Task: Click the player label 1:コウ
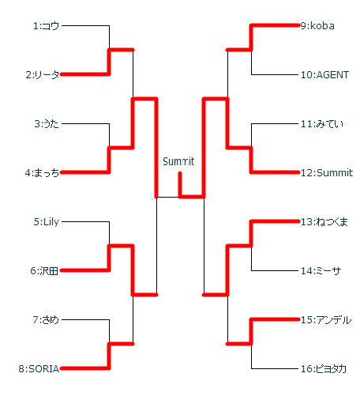pyautogui.click(x=46, y=26)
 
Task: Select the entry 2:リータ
pyautogui.click(x=43, y=75)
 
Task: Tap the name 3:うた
pyautogui.click(x=47, y=124)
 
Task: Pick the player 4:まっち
pyautogui.click(x=42, y=173)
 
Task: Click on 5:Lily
pyautogui.click(x=47, y=222)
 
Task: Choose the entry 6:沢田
pyautogui.click(x=44, y=271)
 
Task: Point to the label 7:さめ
pyautogui.click(x=46, y=320)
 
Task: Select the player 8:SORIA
pyautogui.click(x=39, y=369)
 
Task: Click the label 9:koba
pyautogui.click(x=317, y=26)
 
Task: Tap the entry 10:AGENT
pyautogui.click(x=325, y=75)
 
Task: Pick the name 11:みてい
pyautogui.click(x=322, y=124)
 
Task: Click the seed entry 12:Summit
pyautogui.click(x=327, y=173)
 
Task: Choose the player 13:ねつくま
pyautogui.click(x=324, y=222)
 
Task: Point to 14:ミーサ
pyautogui.click(x=321, y=271)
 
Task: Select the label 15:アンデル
pyautogui.click(x=326, y=320)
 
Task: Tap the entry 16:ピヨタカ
pyautogui.click(x=324, y=369)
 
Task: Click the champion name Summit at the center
pyautogui.click(x=178, y=161)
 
